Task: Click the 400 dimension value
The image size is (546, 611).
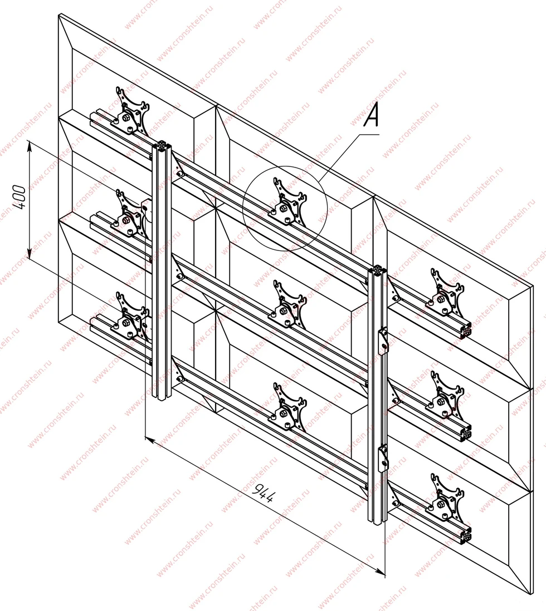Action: pos(19,198)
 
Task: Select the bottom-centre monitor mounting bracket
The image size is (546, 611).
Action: pos(288,407)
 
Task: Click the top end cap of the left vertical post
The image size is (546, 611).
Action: pos(162,145)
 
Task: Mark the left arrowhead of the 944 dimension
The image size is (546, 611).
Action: pos(150,440)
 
